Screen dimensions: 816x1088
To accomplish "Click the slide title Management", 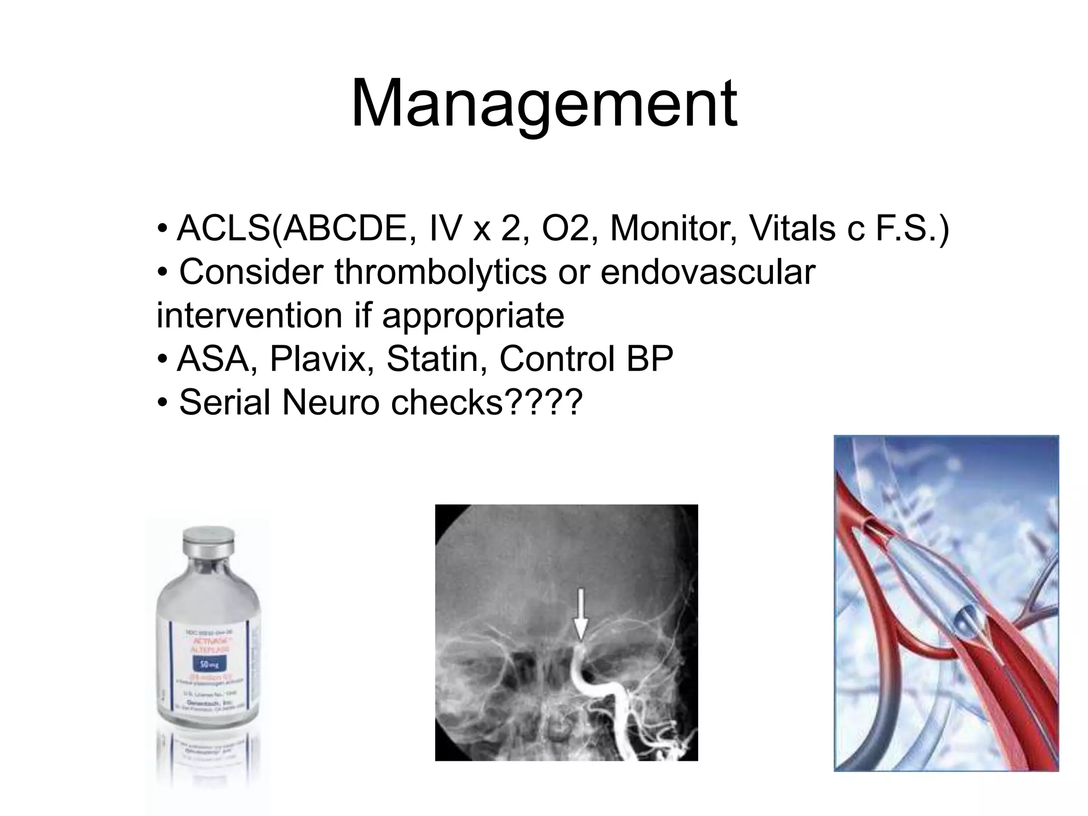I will pyautogui.click(x=543, y=104).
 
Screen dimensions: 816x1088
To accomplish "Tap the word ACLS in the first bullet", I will pyautogui.click(x=223, y=228).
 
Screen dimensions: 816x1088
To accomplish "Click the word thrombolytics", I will pyautogui.click(x=440, y=272).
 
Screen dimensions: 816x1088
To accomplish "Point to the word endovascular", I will pyautogui.click(x=708, y=272).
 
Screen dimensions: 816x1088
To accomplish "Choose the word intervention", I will pyautogui.click(x=249, y=316).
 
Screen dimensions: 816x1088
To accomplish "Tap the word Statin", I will pyautogui.click(x=436, y=359).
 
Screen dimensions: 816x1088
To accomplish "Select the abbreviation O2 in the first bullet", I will pyautogui.click(x=565, y=228).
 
